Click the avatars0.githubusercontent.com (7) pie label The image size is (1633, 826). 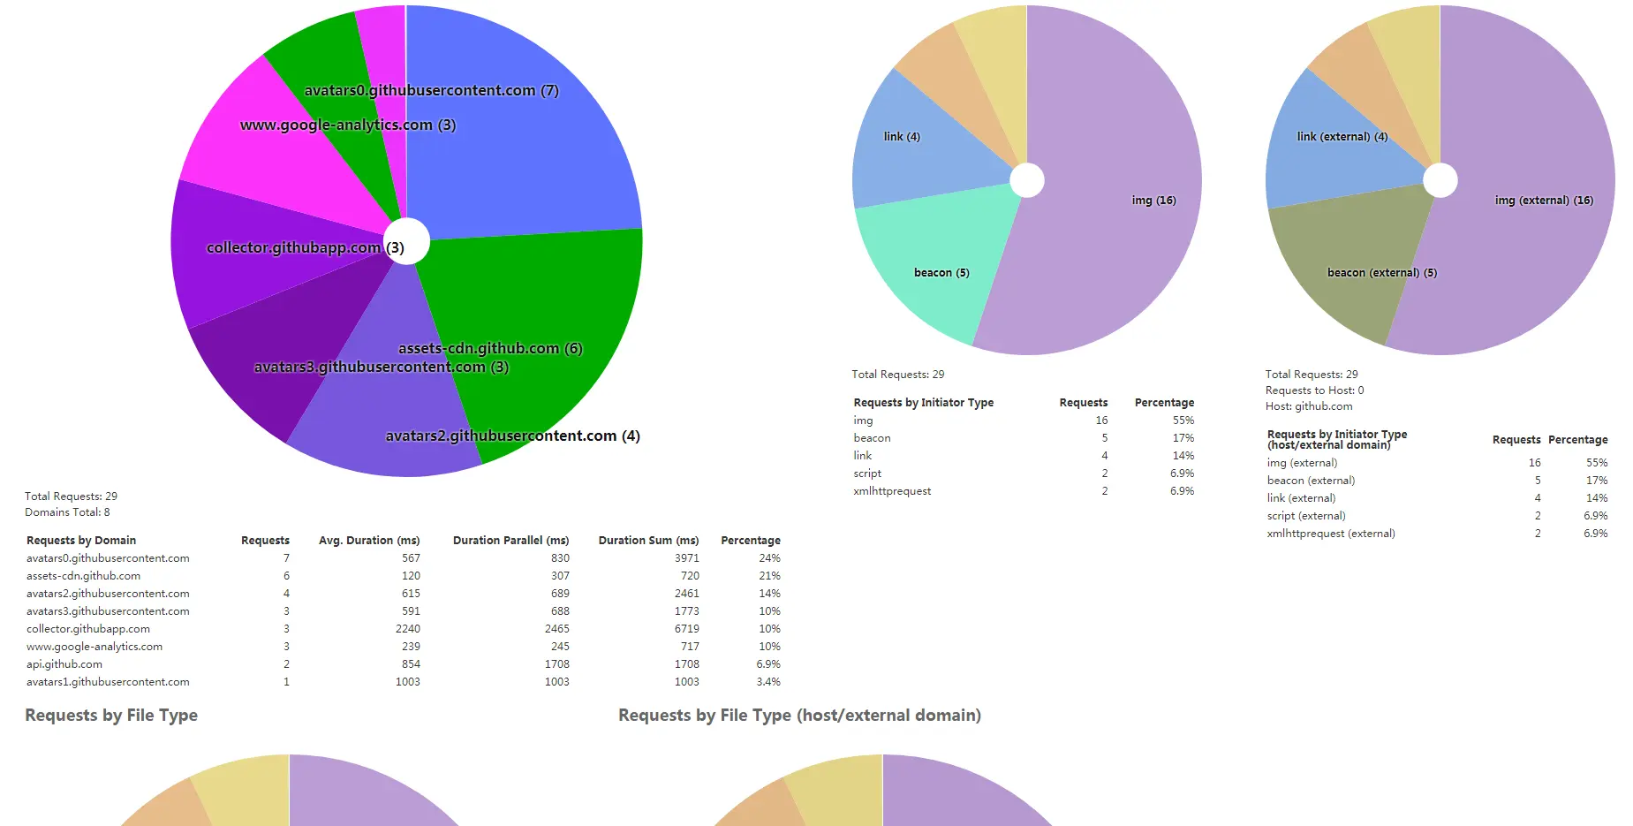431,90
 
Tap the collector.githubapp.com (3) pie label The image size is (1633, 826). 305,248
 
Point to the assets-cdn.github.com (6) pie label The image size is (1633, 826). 490,348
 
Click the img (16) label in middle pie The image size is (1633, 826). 1153,201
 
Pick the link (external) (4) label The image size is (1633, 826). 1342,137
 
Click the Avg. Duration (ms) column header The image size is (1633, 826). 369,541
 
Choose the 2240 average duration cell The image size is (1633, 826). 408,629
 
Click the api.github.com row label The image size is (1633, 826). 64,664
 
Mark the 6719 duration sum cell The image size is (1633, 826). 687,629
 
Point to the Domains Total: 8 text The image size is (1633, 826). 67,512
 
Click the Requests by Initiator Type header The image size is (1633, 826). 923,403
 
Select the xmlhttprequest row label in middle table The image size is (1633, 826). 892,491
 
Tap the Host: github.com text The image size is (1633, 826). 1308,406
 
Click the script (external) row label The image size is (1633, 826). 1306,516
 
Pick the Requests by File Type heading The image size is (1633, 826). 111,716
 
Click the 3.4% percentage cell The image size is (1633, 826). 768,682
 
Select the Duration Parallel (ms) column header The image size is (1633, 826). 510,541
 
